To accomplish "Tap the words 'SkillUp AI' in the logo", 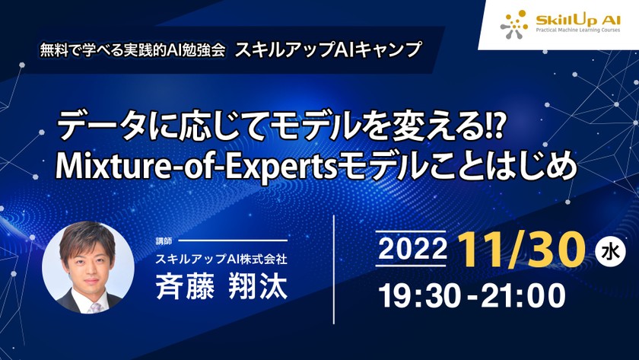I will [567, 19].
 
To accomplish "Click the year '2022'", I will [411, 250].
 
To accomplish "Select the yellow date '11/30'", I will [521, 248].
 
